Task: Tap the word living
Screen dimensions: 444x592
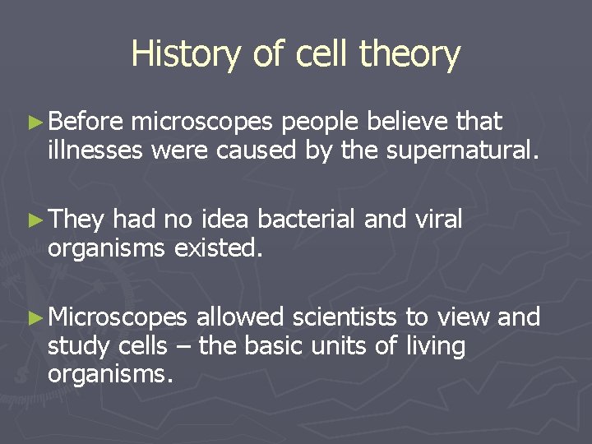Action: [436, 346]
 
